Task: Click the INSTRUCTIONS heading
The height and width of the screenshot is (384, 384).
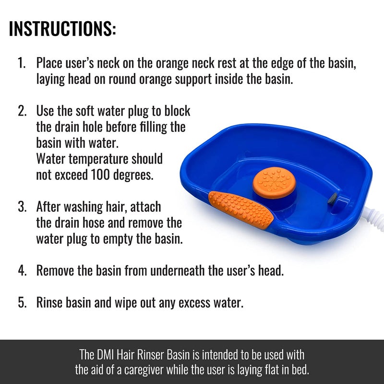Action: pyautogui.click(x=62, y=29)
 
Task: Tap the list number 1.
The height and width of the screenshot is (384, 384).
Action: pyautogui.click(x=22, y=63)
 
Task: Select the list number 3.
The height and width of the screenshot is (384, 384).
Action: pyautogui.click(x=22, y=207)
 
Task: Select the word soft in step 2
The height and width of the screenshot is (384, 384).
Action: pyautogui.click(x=98, y=111)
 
